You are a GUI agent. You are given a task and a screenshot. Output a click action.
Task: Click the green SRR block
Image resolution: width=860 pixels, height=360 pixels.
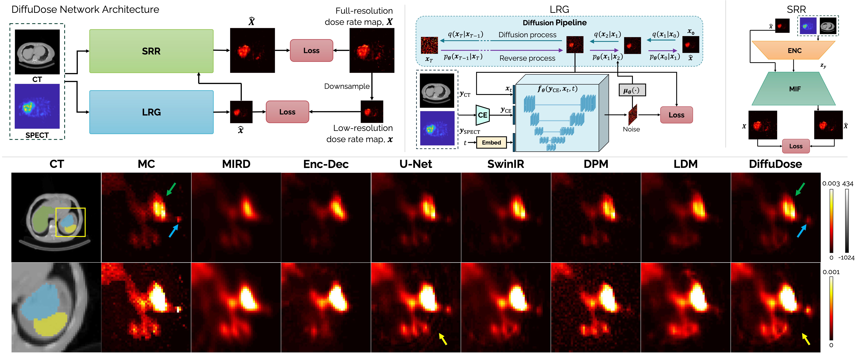[x=151, y=51]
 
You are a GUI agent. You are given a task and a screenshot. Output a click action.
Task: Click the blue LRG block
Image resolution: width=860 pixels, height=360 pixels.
[x=151, y=112]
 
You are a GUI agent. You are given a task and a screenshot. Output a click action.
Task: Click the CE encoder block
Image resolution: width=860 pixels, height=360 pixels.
[x=482, y=115]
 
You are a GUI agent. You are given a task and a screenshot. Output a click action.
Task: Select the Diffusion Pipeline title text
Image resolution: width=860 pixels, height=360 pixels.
[x=554, y=23]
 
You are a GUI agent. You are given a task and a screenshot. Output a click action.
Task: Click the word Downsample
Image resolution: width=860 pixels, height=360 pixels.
[x=347, y=86]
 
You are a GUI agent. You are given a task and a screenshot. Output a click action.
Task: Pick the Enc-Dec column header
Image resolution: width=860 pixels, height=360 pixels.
[x=326, y=164]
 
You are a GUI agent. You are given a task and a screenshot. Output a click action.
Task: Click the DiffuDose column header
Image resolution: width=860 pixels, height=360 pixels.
[x=775, y=164]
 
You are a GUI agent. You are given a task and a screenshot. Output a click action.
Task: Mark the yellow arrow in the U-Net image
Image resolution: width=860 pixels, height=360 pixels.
[x=443, y=339]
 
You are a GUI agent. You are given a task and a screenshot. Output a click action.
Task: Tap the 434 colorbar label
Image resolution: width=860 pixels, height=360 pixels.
[x=848, y=184]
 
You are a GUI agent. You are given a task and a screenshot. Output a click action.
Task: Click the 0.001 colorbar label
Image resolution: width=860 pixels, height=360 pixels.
[x=831, y=272]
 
